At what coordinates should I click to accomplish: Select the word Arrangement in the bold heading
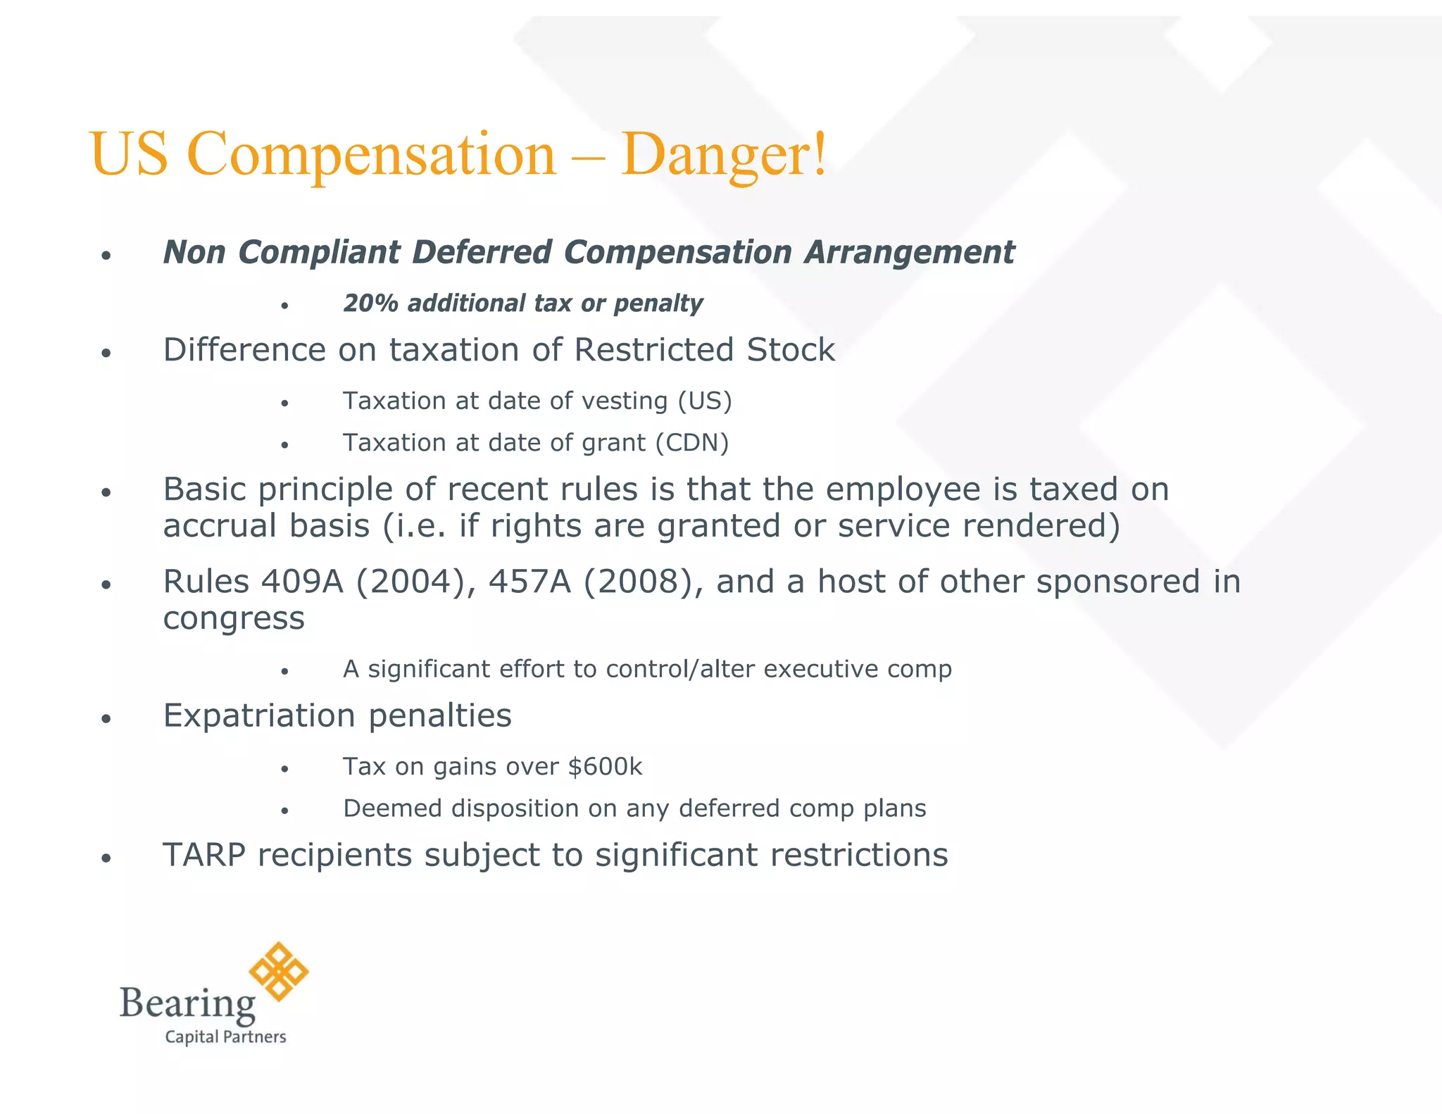tap(909, 252)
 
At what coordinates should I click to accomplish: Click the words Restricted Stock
tap(704, 350)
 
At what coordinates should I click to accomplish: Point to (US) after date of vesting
tap(705, 401)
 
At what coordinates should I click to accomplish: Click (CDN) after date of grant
tap(692, 443)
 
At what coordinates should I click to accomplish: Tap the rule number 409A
tap(302, 582)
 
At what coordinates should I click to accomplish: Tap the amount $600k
tap(605, 766)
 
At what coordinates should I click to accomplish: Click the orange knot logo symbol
tap(279, 971)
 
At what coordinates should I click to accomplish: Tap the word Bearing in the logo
tap(187, 1003)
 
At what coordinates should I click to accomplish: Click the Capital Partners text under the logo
tap(225, 1037)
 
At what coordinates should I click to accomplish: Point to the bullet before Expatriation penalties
tap(106, 719)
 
